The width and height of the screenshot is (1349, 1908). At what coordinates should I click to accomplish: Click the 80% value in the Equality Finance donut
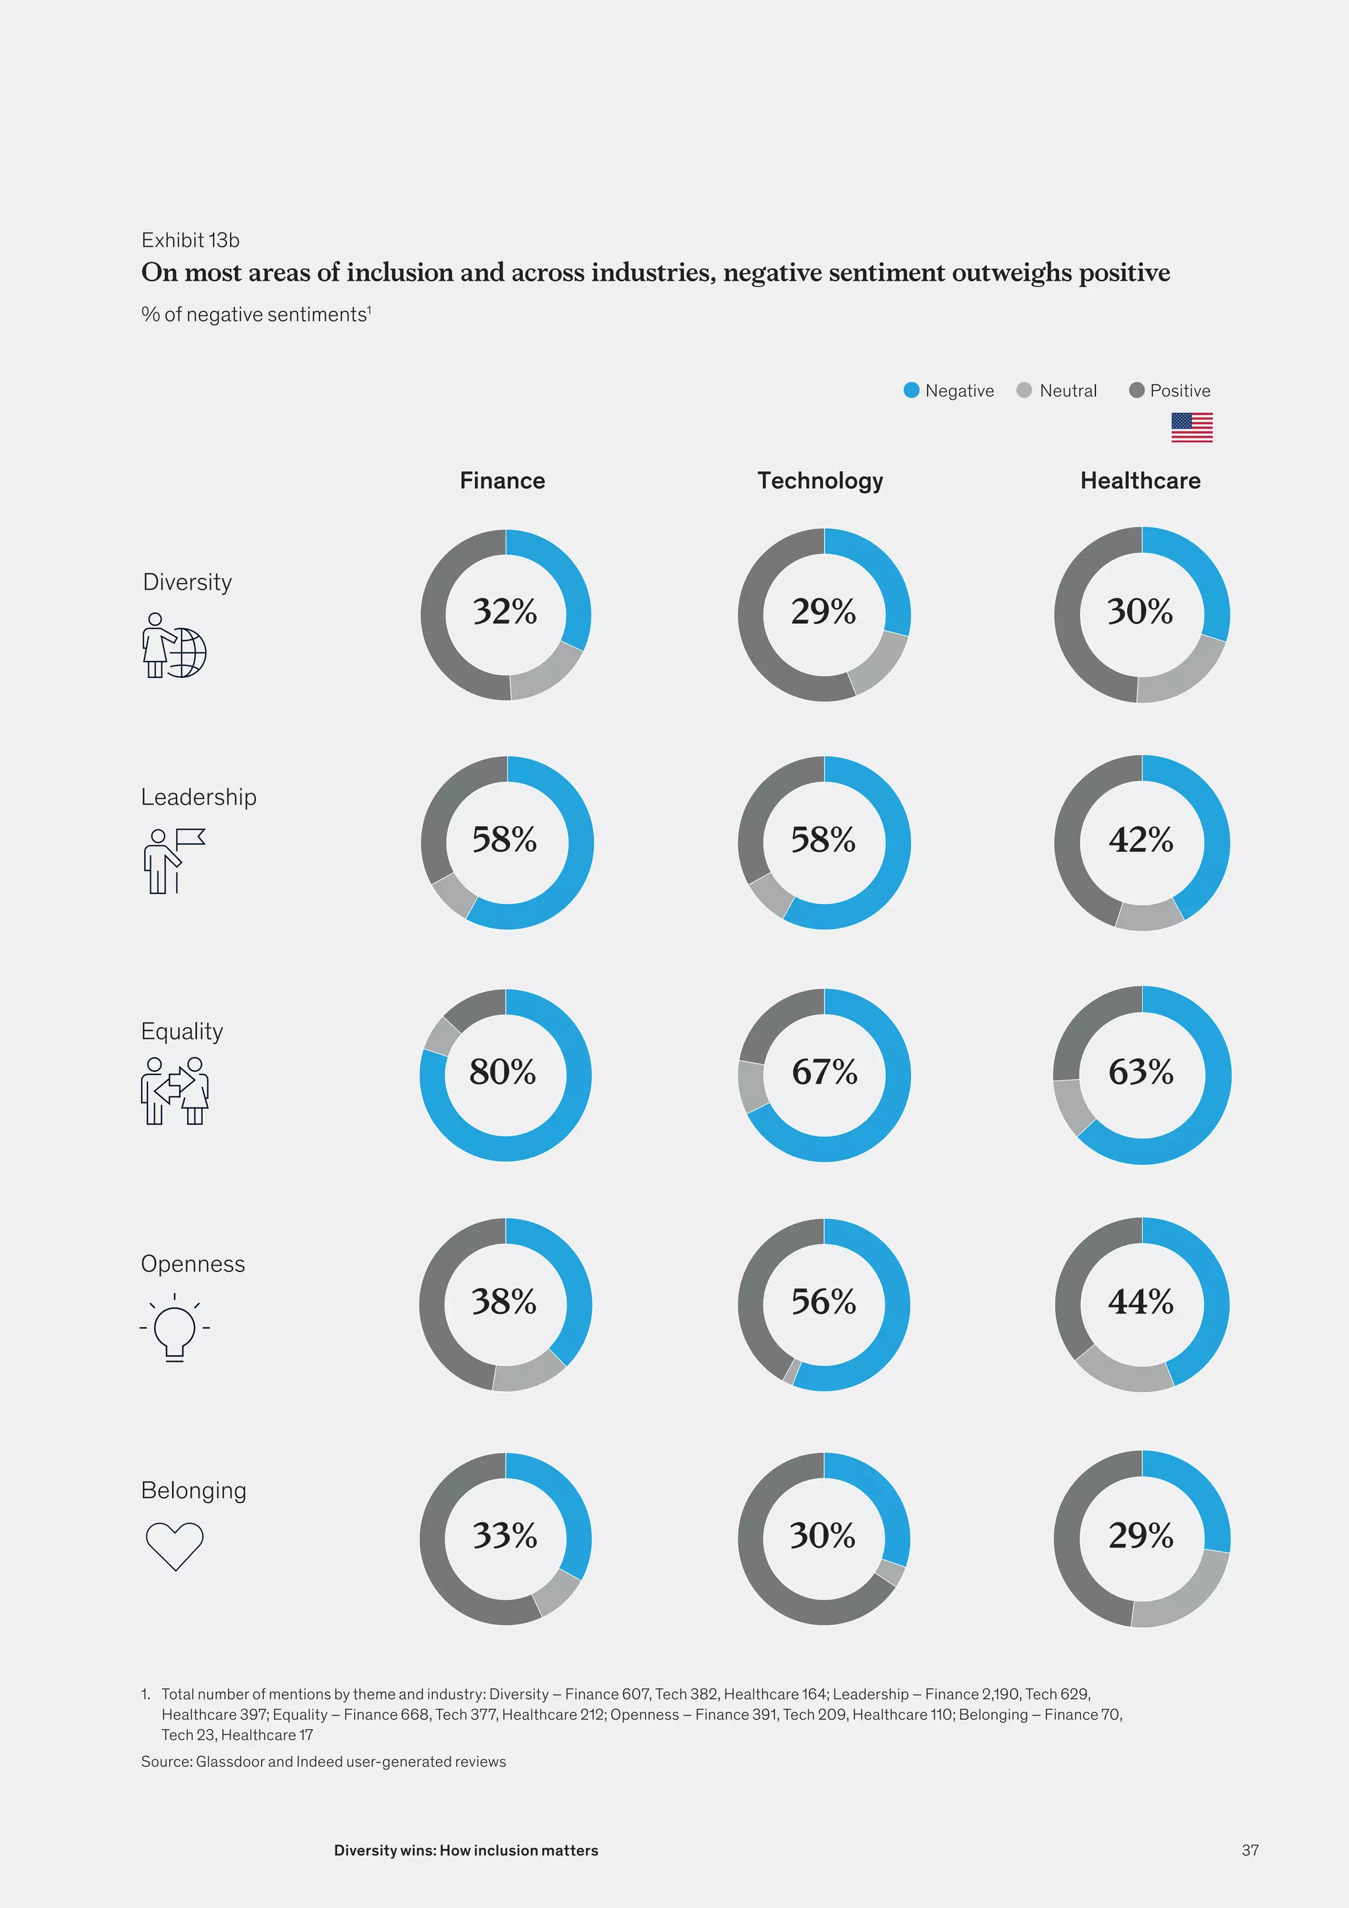click(503, 1072)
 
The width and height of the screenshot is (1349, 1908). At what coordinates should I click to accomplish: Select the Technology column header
click(820, 480)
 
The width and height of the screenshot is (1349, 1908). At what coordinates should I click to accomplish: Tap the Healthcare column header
click(1140, 480)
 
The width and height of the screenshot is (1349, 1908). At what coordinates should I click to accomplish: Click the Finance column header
click(503, 480)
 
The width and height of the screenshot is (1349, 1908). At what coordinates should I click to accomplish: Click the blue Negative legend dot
click(911, 391)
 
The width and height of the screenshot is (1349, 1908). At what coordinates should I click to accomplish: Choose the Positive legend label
click(1180, 391)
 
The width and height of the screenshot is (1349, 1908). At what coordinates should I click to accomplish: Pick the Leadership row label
click(198, 797)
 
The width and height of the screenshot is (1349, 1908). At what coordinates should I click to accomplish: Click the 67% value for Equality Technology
click(824, 1072)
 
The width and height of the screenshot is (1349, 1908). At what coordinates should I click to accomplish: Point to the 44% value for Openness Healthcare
click(1140, 1301)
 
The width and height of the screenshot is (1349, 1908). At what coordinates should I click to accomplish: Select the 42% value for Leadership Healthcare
click(1140, 840)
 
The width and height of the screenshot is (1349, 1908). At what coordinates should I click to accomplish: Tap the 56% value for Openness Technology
click(823, 1301)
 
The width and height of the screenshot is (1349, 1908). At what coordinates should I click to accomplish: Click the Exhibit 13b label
click(190, 240)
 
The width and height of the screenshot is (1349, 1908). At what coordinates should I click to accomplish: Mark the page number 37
click(1250, 1850)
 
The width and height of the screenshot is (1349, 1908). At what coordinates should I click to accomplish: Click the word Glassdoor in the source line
click(229, 1762)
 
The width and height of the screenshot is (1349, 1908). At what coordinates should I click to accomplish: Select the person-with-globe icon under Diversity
click(174, 646)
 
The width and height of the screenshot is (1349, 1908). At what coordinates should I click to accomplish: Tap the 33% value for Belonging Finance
click(504, 1536)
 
